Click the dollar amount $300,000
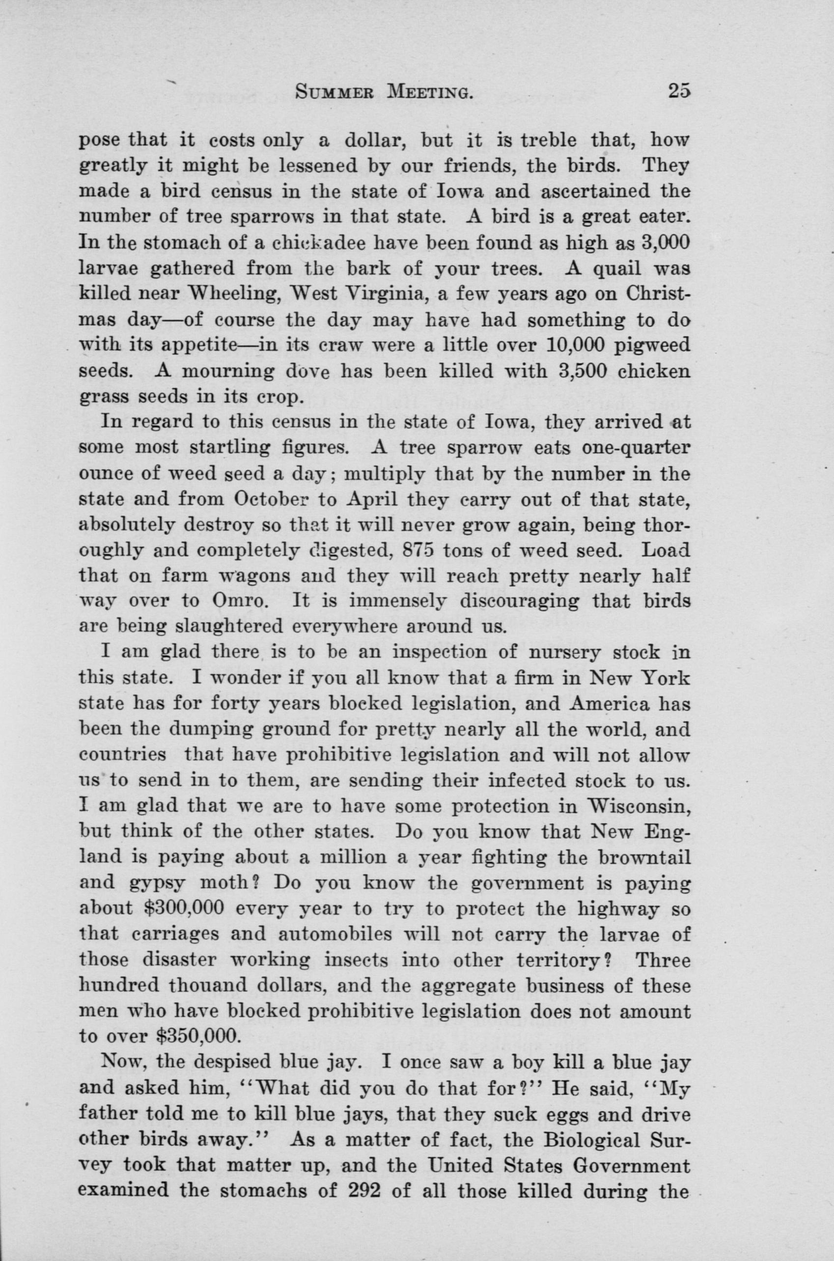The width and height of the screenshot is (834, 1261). point(184,908)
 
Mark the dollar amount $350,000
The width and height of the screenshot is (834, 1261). point(197,1036)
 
